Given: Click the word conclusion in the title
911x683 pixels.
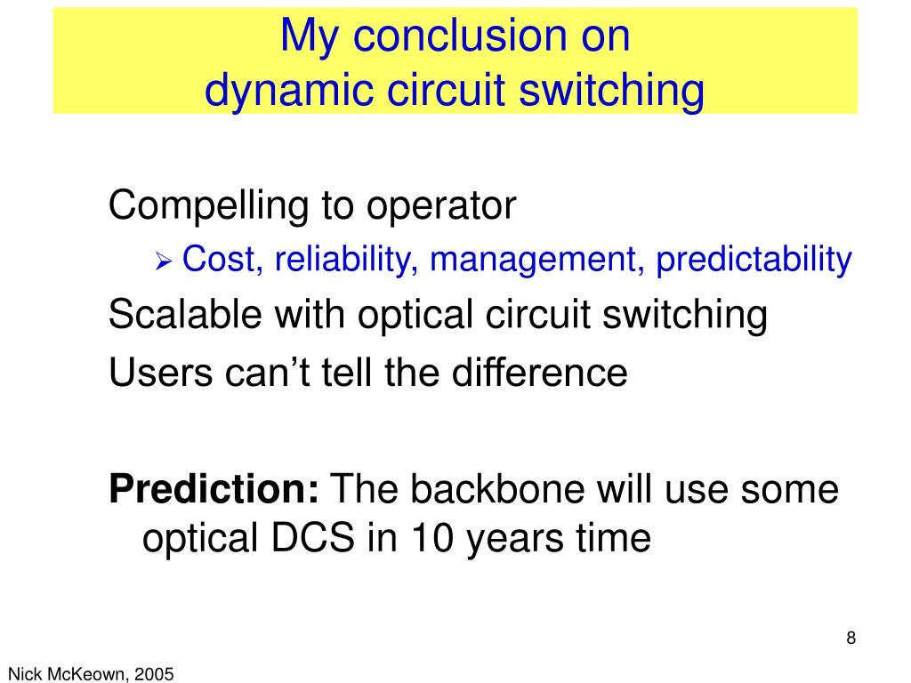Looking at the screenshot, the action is point(460,36).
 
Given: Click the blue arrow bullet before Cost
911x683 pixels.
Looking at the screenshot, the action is point(164,261).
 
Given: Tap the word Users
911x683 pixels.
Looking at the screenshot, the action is point(160,373).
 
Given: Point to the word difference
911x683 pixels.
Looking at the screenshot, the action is point(540,372).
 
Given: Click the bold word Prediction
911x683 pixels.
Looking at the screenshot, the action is point(214,489).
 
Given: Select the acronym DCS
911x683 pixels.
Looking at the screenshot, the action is point(312,538).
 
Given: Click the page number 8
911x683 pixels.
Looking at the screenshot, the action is point(851,638).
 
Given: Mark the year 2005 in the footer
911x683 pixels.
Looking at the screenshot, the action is point(154,674).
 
